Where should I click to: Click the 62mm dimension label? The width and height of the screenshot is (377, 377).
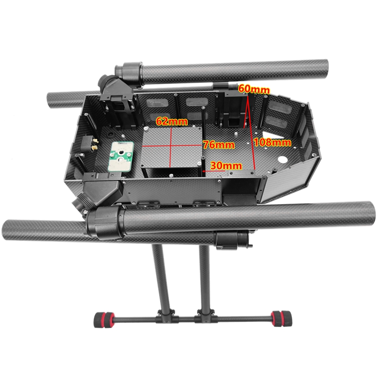tap(172, 121)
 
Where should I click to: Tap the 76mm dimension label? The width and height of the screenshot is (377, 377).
tap(219, 145)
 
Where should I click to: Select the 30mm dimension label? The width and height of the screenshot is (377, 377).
tap(226, 166)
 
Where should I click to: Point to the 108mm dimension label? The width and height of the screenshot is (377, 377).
tap(272, 143)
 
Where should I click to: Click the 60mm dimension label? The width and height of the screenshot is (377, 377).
tap(254, 89)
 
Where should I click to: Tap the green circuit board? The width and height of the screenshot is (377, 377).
tap(121, 156)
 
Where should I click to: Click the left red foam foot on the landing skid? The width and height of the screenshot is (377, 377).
tap(104, 320)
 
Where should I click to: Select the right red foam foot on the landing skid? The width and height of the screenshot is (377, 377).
tap(281, 319)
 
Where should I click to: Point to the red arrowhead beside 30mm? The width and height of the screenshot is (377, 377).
tap(204, 171)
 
